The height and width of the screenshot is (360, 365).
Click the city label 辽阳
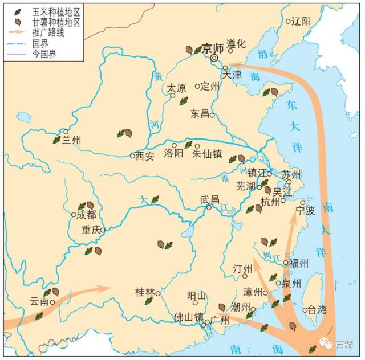coord(301,22)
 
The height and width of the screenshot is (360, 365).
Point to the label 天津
coord(232,75)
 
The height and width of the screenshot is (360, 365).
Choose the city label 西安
coord(144,156)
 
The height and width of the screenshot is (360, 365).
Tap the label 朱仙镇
coord(207,154)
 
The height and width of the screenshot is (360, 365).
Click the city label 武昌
coord(210,199)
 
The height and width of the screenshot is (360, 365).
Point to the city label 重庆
coord(91,231)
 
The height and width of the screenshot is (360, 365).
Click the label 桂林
coord(145,292)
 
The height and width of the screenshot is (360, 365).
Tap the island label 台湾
coord(317,310)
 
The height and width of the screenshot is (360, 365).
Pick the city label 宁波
coord(306,211)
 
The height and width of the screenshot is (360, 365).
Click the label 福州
coord(299,263)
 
